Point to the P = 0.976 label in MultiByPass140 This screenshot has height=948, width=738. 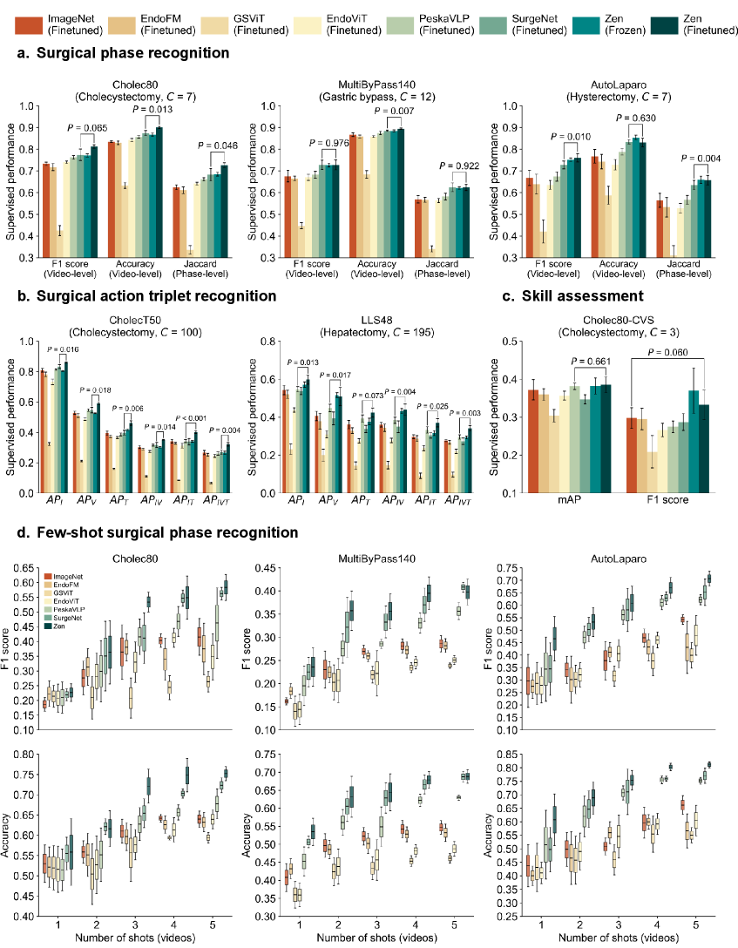tap(327, 144)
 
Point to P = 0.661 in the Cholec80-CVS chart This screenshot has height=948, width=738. tap(592, 362)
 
